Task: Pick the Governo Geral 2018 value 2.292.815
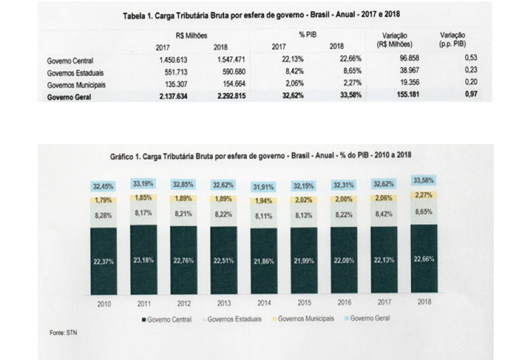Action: pos(227,96)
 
